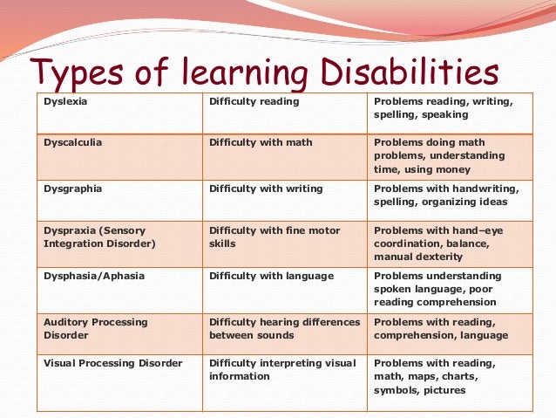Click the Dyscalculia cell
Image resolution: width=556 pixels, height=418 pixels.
72,142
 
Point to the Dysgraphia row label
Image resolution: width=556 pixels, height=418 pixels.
71,188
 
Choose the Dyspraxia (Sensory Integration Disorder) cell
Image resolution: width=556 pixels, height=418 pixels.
98,237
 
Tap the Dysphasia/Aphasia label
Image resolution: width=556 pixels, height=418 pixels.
93,277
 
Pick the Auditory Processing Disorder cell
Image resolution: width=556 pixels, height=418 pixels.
95,328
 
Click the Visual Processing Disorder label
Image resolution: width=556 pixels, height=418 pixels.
112,363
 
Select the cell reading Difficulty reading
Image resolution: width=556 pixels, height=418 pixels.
254,102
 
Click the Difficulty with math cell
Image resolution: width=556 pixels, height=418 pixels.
260,142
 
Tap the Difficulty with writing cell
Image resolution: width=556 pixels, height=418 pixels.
265,188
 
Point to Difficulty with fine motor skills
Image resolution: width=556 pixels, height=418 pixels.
274,237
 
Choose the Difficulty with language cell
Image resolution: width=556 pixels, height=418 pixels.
270,277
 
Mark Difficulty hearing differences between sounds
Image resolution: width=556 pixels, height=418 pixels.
284,328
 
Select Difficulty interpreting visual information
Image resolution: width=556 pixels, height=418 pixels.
281,370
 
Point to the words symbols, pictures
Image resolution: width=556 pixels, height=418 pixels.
419,390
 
